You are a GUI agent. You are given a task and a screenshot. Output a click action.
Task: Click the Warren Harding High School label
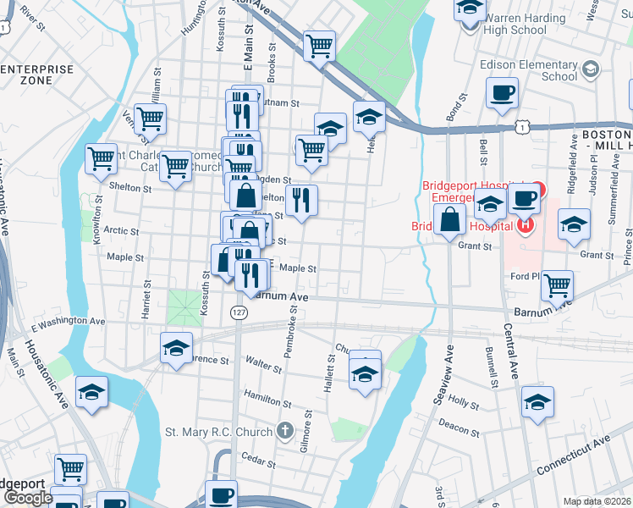tap(524, 24)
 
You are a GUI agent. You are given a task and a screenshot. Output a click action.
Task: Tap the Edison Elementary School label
tap(528, 70)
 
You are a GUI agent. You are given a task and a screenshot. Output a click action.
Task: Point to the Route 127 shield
tap(237, 313)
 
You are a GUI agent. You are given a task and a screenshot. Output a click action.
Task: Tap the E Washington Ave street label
tap(69, 323)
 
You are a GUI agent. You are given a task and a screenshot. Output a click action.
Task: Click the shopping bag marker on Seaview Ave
tap(452, 220)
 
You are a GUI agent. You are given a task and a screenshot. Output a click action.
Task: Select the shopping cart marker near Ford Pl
tap(557, 286)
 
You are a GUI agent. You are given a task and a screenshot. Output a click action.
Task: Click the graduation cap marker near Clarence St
tap(176, 348)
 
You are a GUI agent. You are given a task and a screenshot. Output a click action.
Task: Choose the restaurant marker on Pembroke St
tap(301, 201)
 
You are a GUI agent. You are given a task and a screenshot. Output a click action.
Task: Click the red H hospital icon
tap(526, 226)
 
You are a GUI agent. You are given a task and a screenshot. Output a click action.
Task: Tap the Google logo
tap(27, 498)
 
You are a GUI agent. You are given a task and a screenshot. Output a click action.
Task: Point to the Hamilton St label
tap(267, 403)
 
